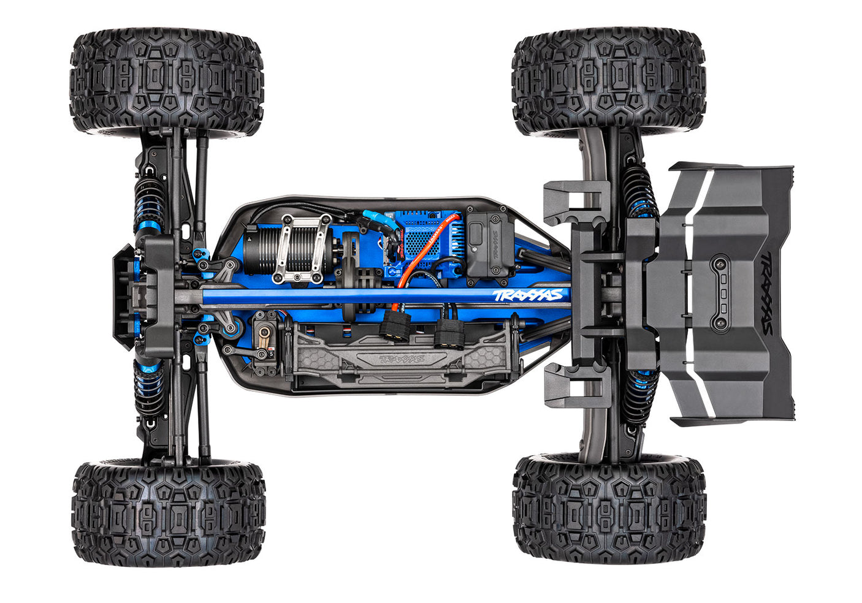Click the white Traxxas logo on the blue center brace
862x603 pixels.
click(x=527, y=295)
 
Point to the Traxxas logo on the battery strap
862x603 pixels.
click(x=402, y=358)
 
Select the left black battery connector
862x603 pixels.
click(x=395, y=325)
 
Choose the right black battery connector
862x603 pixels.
click(x=450, y=332)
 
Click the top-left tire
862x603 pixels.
click(x=167, y=82)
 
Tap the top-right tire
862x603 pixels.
click(x=608, y=82)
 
